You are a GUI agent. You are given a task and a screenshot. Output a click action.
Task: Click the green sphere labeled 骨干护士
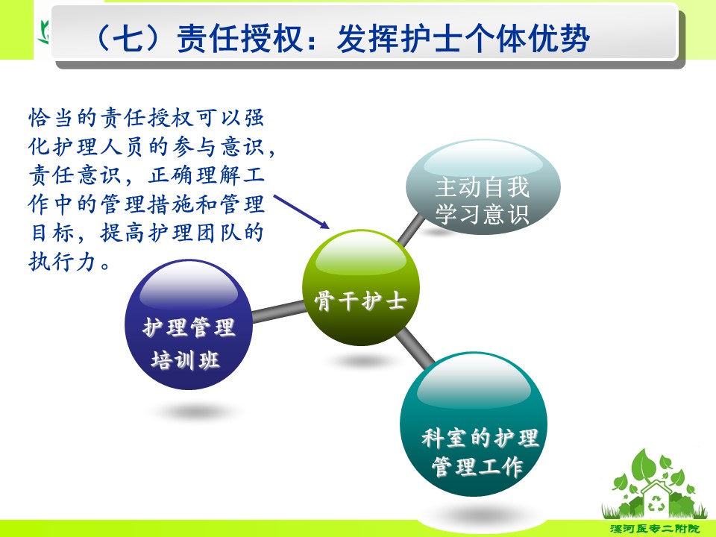(361, 287)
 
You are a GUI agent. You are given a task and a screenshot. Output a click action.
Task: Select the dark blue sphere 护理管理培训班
(189, 324)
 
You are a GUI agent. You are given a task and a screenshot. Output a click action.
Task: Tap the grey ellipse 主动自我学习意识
(483, 187)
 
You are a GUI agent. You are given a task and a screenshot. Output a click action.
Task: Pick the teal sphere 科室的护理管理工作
(474, 424)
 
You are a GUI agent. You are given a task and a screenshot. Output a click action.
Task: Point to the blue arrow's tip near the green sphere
(329, 227)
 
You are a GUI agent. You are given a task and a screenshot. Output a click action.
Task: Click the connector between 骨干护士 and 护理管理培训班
(278, 311)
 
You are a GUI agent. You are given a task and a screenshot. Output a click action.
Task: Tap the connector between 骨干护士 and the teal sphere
(415, 348)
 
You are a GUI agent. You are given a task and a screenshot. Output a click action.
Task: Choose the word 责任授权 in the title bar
(239, 37)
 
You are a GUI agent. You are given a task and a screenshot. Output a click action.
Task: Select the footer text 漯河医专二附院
(654, 529)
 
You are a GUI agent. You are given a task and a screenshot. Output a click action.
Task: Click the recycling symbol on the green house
(655, 503)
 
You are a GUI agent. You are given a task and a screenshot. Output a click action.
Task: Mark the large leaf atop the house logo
(644, 465)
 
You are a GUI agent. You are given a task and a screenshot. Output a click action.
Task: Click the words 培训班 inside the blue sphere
(186, 360)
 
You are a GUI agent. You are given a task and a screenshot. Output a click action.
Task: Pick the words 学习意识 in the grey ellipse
(483, 214)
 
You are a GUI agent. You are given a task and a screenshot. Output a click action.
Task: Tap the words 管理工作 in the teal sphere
(477, 467)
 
